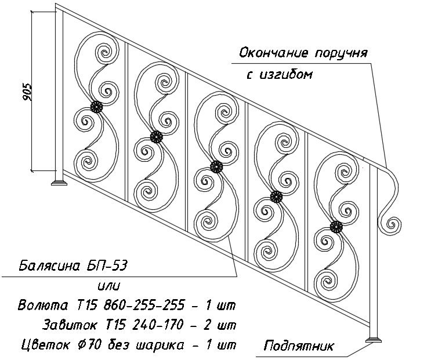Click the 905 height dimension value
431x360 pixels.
point(27,92)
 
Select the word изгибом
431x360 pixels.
point(286,74)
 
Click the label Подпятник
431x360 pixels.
point(299,346)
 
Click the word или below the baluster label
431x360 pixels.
point(109,286)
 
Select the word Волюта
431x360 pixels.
point(43,305)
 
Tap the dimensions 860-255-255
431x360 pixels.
point(143,305)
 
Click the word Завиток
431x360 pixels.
point(70,325)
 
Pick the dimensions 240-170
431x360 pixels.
point(158,325)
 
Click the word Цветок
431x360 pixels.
point(45,344)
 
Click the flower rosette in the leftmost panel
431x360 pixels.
point(96,107)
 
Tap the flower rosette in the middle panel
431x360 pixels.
point(216,166)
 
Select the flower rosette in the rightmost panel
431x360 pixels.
point(336,227)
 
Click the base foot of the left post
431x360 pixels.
point(59,183)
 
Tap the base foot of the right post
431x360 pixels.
point(373,340)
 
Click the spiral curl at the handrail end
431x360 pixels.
point(393,224)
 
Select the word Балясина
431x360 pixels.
point(49,266)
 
